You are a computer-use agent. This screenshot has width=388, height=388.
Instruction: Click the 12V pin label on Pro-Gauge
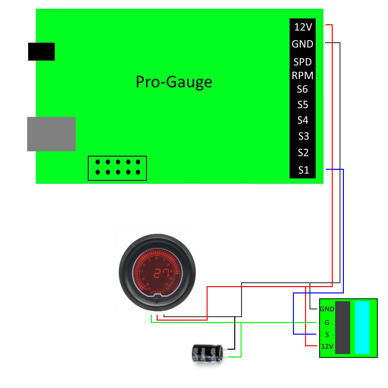click(x=303, y=27)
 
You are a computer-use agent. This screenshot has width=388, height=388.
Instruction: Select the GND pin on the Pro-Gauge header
click(x=302, y=44)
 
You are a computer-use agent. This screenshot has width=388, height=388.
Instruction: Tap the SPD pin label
click(x=302, y=62)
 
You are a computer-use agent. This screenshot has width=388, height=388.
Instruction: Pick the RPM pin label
click(x=302, y=76)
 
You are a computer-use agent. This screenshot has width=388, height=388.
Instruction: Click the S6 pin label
click(x=303, y=89)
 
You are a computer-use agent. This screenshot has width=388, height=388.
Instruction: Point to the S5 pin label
click(x=303, y=105)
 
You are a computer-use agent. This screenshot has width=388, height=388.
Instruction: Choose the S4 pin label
click(x=303, y=120)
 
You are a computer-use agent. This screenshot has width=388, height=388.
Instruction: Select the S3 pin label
click(x=303, y=136)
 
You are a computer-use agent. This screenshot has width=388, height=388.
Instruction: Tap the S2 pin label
click(x=303, y=153)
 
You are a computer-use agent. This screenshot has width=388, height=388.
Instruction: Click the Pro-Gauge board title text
click(x=174, y=81)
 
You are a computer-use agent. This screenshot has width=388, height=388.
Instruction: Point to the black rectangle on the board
click(x=41, y=51)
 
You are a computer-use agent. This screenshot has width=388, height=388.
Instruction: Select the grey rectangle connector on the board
click(x=51, y=134)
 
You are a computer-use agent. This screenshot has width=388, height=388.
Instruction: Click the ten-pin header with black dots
click(x=117, y=168)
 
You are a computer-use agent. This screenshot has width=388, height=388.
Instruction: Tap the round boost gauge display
click(x=157, y=272)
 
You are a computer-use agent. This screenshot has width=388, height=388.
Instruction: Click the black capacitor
click(x=208, y=353)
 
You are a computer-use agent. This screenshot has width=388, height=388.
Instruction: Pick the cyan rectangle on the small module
click(x=362, y=328)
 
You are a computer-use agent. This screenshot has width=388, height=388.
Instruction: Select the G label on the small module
click(x=327, y=322)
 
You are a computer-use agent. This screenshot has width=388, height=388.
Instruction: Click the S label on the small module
click(x=327, y=335)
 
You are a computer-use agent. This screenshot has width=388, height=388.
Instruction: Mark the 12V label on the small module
click(x=327, y=346)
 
